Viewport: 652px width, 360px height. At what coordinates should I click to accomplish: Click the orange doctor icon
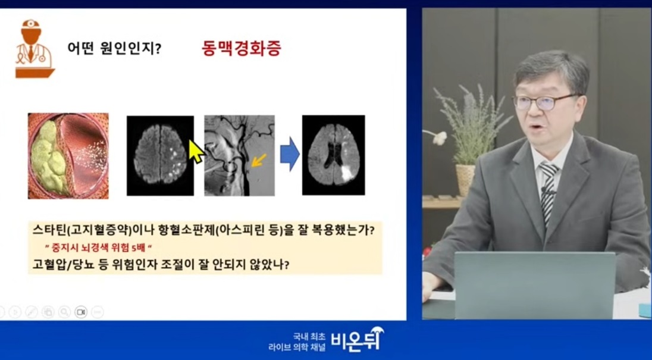click(34, 49)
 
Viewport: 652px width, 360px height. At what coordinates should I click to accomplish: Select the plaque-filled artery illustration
click(68, 155)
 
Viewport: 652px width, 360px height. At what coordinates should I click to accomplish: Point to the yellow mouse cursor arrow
click(196, 152)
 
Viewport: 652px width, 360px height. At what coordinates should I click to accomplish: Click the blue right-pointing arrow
click(289, 154)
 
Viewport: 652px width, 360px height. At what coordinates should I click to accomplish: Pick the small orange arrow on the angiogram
click(257, 160)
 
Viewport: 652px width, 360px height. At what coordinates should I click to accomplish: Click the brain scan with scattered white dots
click(159, 155)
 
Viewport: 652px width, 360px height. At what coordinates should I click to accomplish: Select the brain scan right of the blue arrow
click(333, 155)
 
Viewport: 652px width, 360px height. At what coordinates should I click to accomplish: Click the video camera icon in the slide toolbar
click(81, 312)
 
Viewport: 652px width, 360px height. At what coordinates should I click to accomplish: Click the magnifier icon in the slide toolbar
click(64, 312)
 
